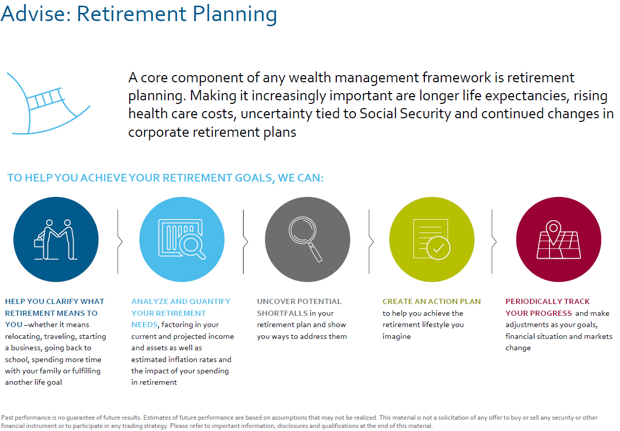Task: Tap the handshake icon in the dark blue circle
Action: click(56, 239)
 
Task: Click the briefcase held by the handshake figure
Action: click(39, 242)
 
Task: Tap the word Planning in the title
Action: click(235, 14)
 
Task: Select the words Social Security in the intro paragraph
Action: click(405, 114)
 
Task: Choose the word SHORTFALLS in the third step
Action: click(282, 313)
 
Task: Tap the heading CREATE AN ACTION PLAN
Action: click(432, 301)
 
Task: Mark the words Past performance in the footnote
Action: click(27, 418)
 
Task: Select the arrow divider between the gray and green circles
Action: click(371, 242)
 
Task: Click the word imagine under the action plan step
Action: click(397, 337)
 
